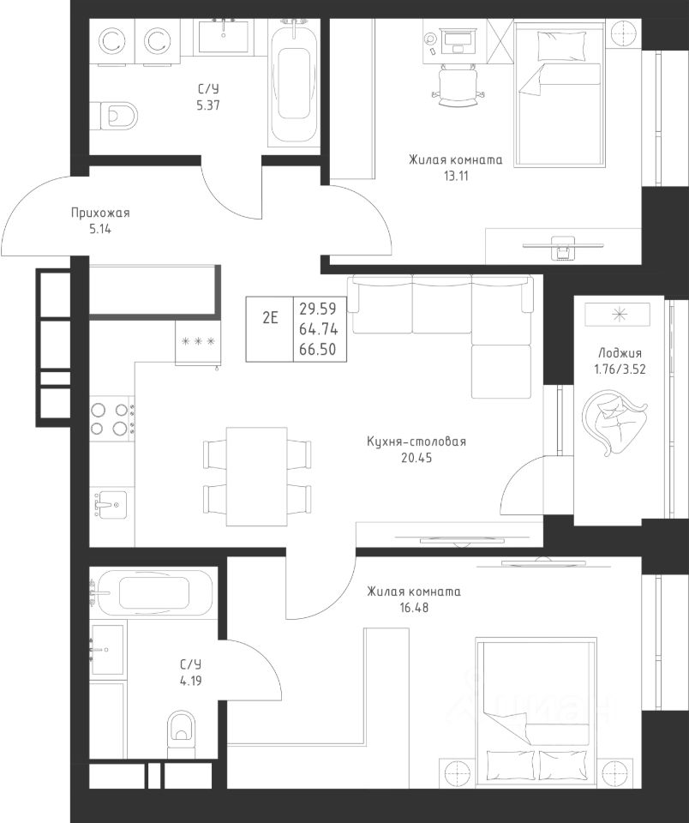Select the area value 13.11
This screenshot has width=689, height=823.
point(456,176)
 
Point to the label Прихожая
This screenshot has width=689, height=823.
point(100,213)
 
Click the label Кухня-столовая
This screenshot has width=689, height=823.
point(416,442)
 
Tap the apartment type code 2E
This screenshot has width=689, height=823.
point(270,317)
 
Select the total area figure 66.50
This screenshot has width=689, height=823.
point(318,350)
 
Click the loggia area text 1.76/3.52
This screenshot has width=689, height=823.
point(620,369)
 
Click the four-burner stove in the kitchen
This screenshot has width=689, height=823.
point(111,419)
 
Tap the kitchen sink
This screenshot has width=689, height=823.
point(111,504)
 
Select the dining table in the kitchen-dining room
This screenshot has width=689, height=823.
point(256,476)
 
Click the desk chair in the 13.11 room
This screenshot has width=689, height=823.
point(457,86)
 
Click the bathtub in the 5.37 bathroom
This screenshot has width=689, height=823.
point(293,82)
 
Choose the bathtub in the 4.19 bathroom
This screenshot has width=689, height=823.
point(153,592)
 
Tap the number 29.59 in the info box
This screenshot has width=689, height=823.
point(318,308)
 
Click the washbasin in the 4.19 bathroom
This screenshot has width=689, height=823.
point(108,649)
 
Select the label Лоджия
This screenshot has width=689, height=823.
point(620,353)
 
